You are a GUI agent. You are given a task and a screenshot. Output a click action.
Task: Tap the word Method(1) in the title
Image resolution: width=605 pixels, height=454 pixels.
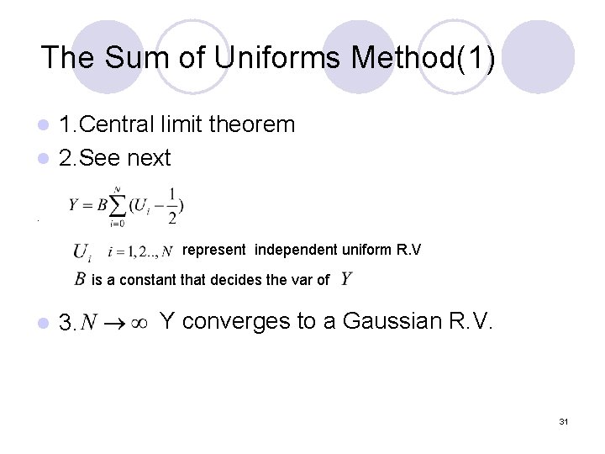(423, 57)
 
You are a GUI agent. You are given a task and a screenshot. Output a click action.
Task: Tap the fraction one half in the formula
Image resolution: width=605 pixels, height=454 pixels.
(172, 205)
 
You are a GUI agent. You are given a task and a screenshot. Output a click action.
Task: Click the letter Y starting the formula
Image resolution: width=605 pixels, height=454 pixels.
(75, 205)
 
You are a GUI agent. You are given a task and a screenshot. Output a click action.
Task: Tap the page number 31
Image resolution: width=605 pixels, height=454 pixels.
(563, 421)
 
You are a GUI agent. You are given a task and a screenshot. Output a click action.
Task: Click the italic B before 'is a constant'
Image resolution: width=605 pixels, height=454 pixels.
(80, 279)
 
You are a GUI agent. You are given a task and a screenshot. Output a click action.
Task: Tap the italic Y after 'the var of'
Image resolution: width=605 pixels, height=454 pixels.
(346, 278)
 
